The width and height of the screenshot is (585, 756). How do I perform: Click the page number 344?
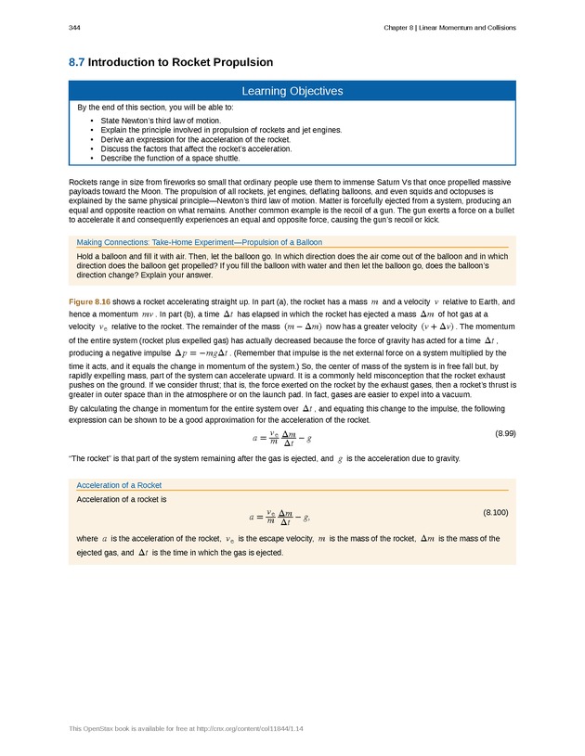click(74, 27)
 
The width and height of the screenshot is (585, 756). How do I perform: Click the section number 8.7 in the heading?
click(77, 62)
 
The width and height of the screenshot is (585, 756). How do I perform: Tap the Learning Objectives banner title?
click(292, 91)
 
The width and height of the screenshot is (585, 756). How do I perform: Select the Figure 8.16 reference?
click(90, 302)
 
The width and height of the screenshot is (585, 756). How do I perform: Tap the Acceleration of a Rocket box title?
click(119, 485)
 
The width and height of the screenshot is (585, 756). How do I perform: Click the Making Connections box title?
click(200, 242)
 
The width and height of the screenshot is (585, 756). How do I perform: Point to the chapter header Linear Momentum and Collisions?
click(450, 27)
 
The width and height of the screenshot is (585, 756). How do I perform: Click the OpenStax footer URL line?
click(187, 728)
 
